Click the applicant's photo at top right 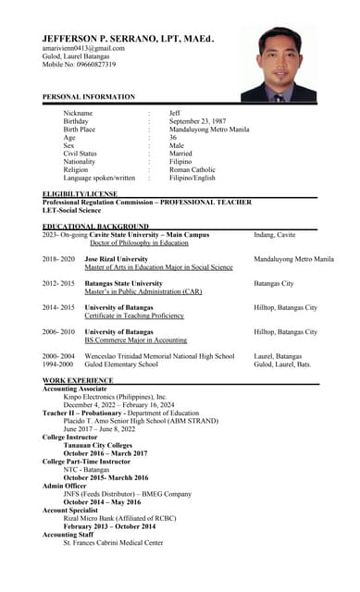pyautogui.click(x=279, y=64)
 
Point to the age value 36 pyautogui.click(x=174, y=138)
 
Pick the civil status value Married pyautogui.click(x=180, y=154)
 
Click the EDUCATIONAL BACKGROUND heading pyautogui.click(x=95, y=226)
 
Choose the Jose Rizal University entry pyautogui.click(x=117, y=260)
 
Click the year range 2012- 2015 pyautogui.click(x=58, y=284)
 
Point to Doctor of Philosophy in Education pyautogui.click(x=145, y=243)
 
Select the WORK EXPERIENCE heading pyautogui.click(x=78, y=380)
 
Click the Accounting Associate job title pyautogui.click(x=75, y=388)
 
